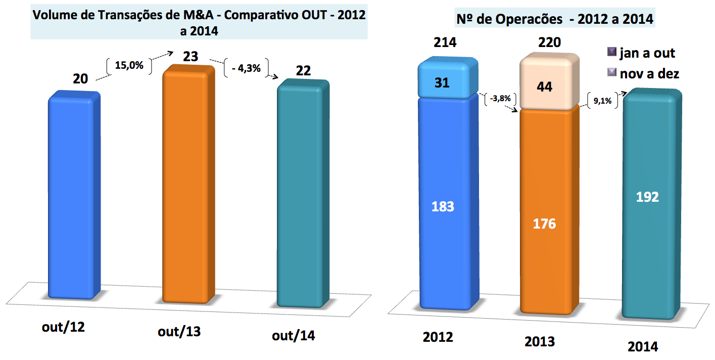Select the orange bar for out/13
click(x=186, y=187)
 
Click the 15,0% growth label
click(x=129, y=66)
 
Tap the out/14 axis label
click(x=294, y=336)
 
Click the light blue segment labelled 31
click(x=445, y=82)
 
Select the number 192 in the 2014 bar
click(x=648, y=197)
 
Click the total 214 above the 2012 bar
click(x=445, y=42)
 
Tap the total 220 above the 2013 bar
click(x=549, y=42)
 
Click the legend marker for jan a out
click(x=611, y=53)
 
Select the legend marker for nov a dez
click(x=611, y=73)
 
